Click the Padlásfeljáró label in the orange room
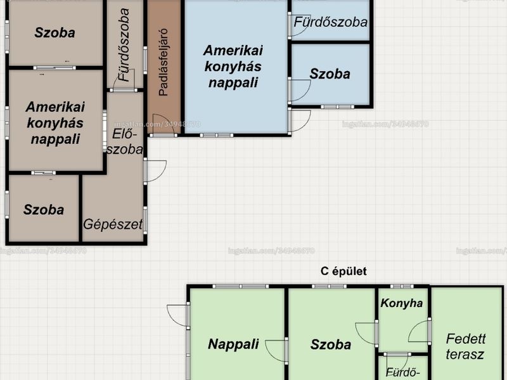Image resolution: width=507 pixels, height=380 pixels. click(x=164, y=62)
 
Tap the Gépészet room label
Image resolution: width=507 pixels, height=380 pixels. click(x=113, y=224)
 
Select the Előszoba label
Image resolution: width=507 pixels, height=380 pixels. click(x=125, y=141)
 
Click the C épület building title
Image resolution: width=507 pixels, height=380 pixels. click(x=343, y=271)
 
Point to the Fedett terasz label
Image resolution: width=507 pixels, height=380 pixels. click(x=465, y=346)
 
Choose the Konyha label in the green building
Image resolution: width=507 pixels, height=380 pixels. click(x=402, y=303)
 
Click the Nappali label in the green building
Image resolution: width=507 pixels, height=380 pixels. click(x=233, y=344)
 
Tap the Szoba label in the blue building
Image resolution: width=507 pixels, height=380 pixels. click(x=330, y=74)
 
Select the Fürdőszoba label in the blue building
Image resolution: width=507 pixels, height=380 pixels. click(x=330, y=22)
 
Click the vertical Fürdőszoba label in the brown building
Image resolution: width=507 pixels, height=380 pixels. click(x=124, y=44)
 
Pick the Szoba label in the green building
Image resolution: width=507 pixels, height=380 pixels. click(x=330, y=345)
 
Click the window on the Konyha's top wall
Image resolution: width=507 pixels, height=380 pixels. click(x=402, y=286)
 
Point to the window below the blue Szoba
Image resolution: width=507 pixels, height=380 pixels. click(x=337, y=106)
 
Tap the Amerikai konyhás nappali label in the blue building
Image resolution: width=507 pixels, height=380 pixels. click(x=233, y=66)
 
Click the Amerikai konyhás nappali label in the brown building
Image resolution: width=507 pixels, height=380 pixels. click(x=55, y=123)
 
